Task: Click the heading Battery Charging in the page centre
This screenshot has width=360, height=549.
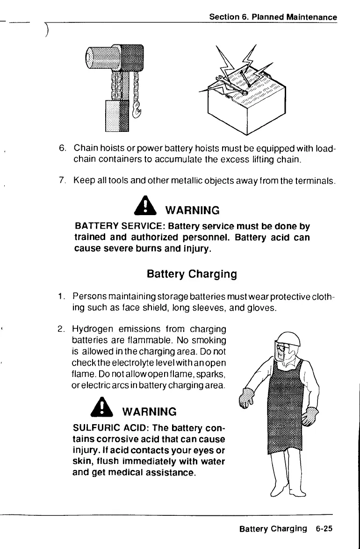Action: pos(192,273)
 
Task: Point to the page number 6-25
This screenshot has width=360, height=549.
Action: pos(324,529)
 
